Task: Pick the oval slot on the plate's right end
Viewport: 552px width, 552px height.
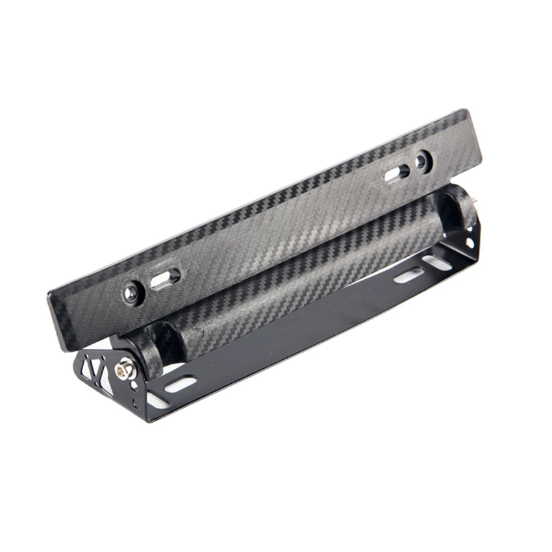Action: pos(396,172)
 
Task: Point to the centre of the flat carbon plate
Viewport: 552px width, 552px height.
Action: pos(266,227)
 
